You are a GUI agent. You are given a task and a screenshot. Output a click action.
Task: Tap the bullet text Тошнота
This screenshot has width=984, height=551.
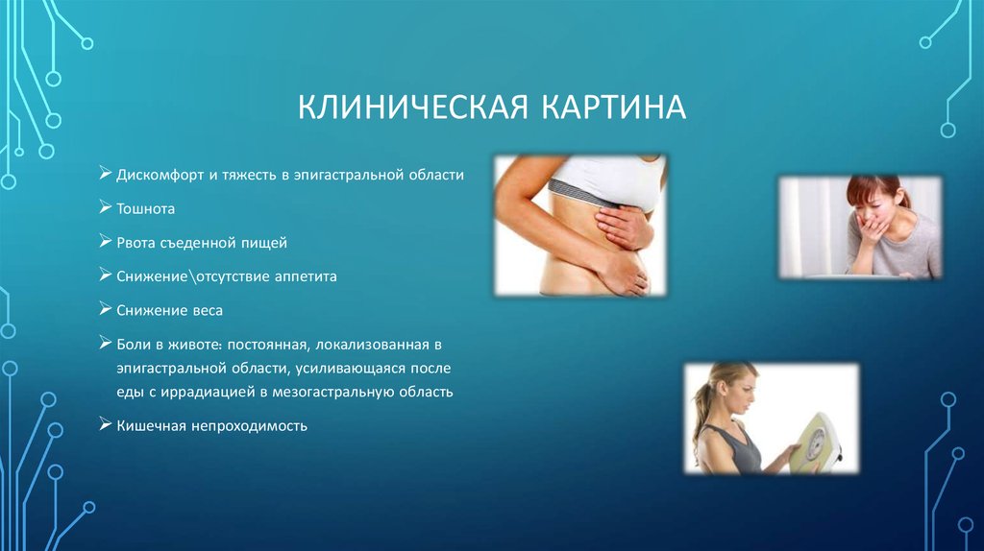coord(146,209)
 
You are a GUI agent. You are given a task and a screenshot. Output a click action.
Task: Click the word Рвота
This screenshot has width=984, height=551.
coord(136,243)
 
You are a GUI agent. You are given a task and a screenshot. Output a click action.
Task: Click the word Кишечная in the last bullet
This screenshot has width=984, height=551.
coord(149,425)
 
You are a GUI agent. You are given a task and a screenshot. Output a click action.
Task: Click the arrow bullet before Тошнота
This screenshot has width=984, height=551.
coord(105,208)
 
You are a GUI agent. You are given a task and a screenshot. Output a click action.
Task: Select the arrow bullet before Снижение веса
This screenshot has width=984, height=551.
coord(105,309)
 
